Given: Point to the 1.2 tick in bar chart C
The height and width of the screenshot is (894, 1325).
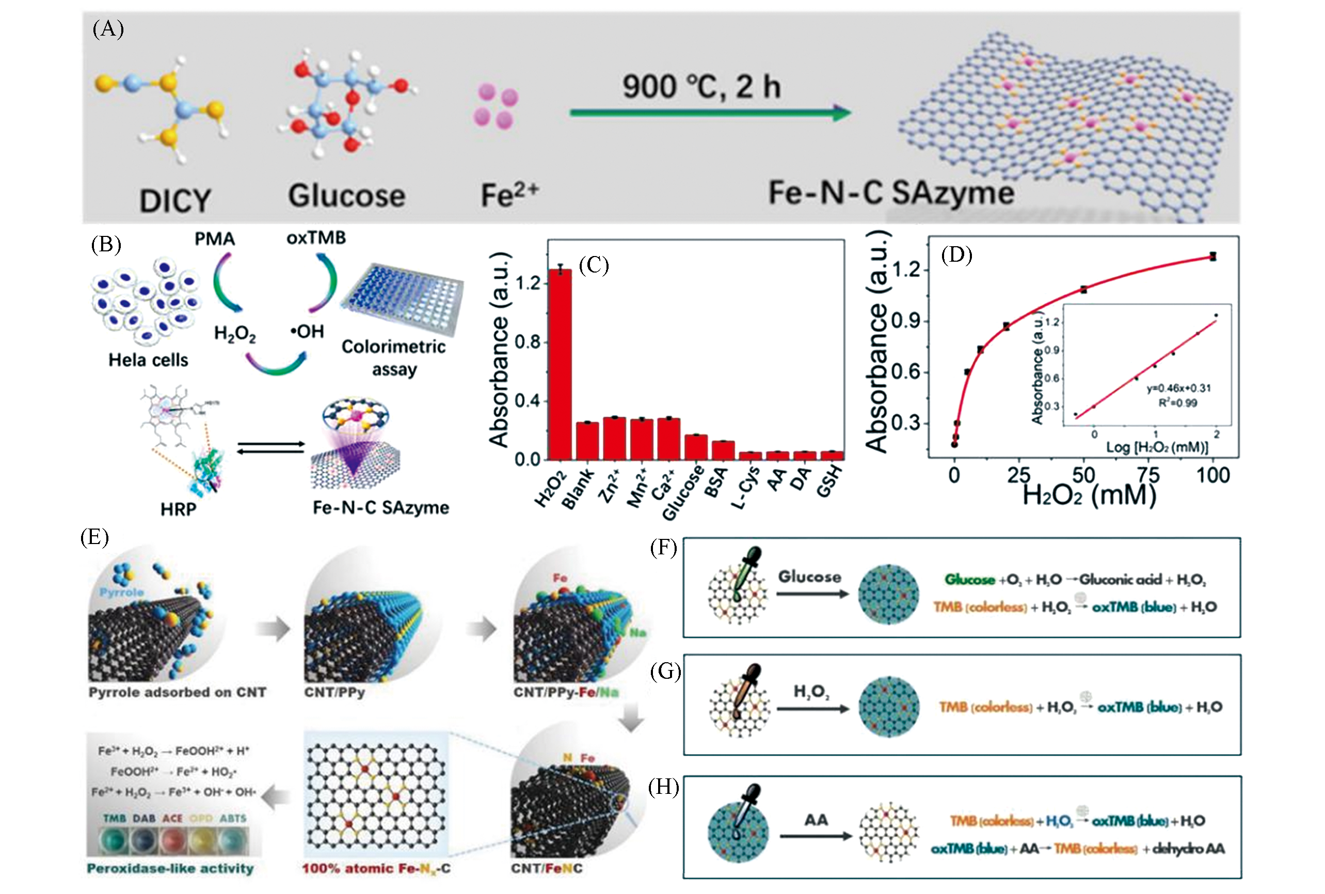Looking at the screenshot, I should [528, 283].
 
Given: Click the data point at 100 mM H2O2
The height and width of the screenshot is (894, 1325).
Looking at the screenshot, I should [1212, 257].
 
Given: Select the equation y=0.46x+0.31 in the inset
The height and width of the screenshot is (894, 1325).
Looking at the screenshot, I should [1178, 388].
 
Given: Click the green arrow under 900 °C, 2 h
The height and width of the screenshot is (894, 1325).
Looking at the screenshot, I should [710, 113].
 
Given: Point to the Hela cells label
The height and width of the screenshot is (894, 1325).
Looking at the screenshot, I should [148, 360].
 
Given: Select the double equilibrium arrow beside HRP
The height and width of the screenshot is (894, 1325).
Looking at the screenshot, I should [271, 448].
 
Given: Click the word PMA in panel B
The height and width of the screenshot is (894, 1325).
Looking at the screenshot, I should [214, 239].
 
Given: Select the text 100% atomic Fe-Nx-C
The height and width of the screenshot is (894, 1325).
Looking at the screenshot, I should [376, 868].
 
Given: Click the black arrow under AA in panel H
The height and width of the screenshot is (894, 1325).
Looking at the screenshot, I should [816, 836].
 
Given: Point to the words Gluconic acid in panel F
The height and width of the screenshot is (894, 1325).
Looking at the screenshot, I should [1120, 580].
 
